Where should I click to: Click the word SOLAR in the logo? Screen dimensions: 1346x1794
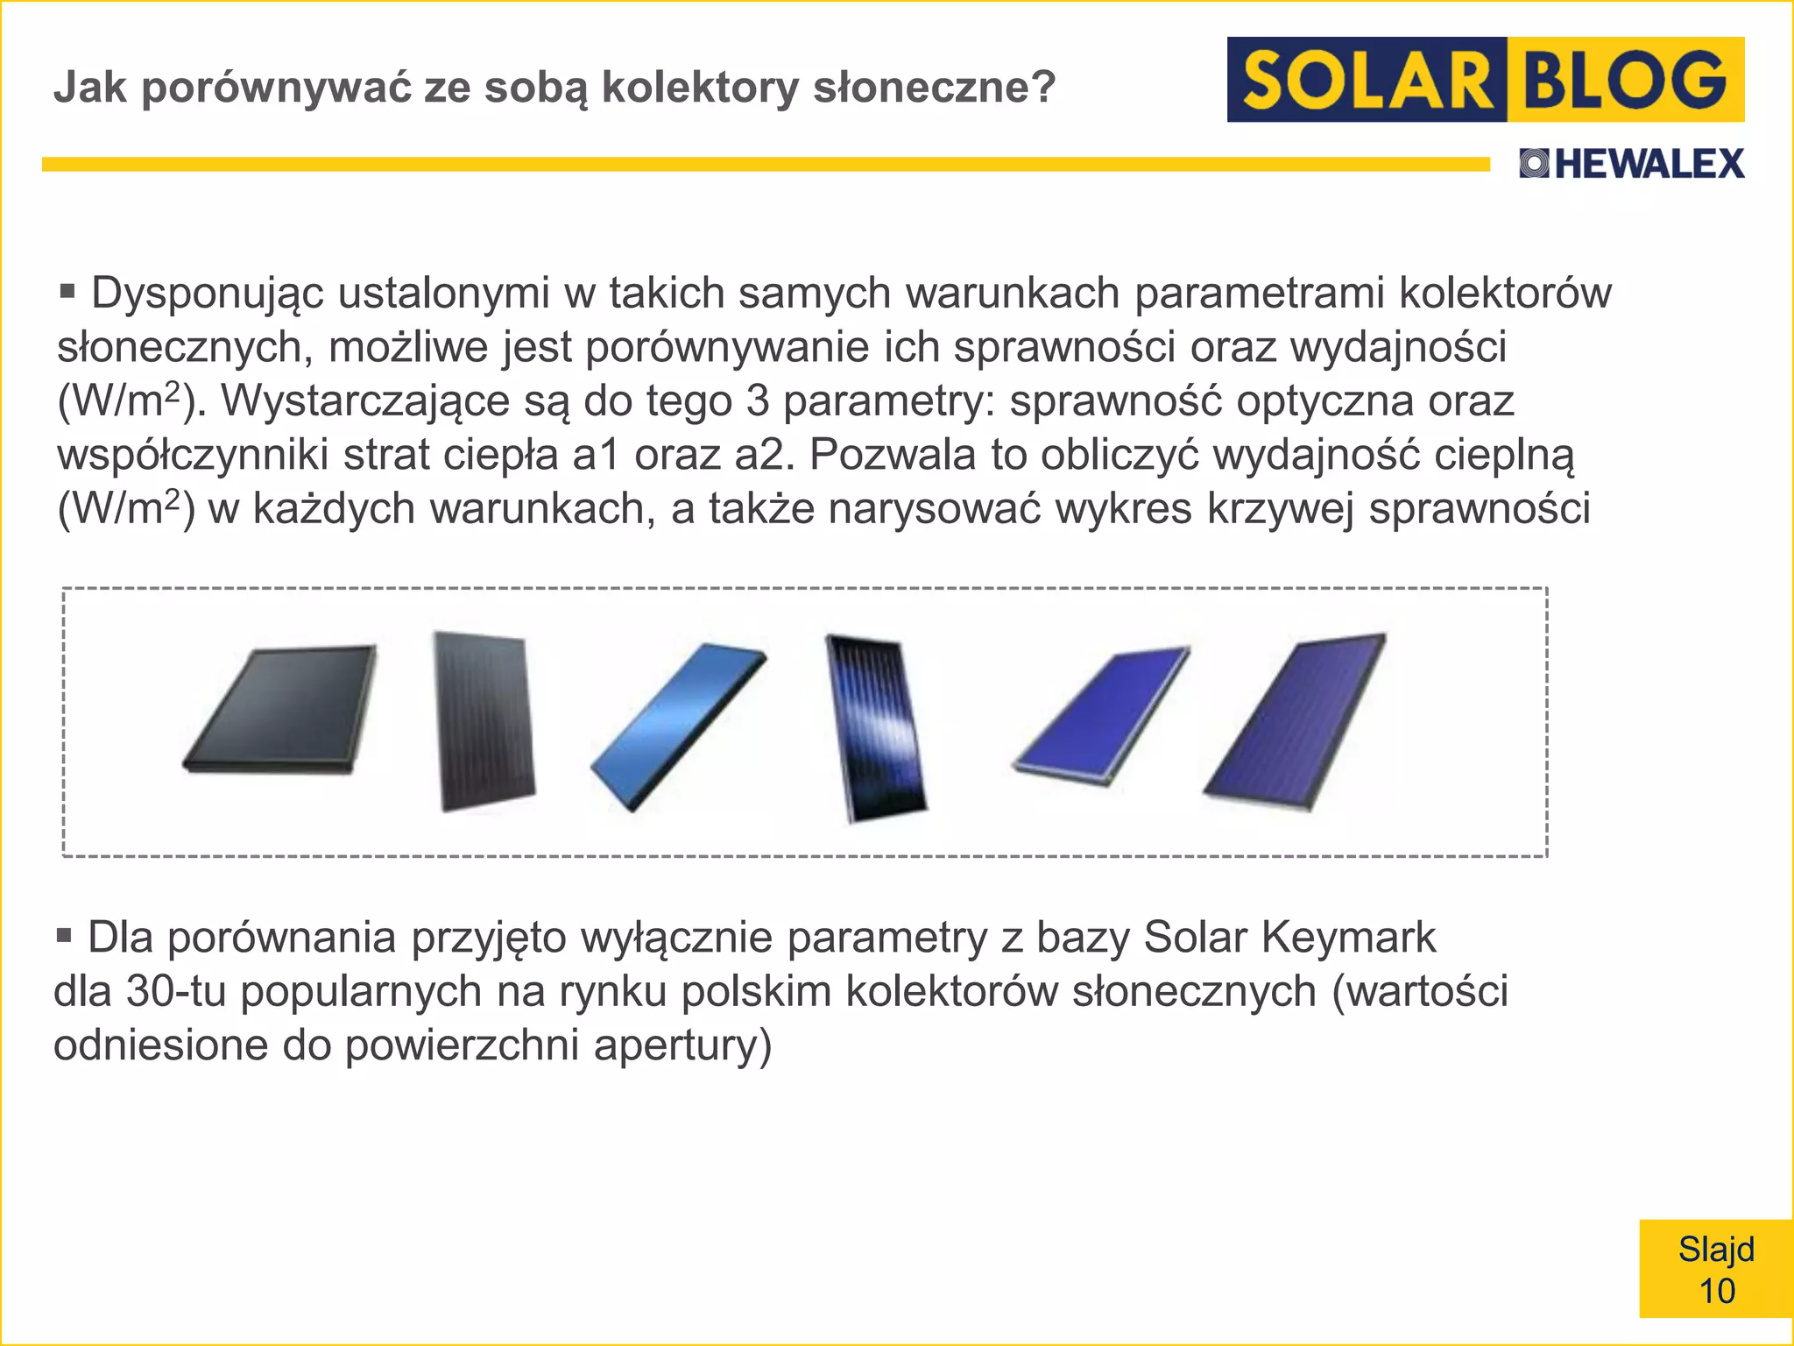[x=1367, y=80]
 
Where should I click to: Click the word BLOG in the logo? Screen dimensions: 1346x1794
[x=1625, y=80]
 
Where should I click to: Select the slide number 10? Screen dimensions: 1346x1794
[x=1717, y=1292]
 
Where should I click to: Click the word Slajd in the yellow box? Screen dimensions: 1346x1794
[x=1716, y=1249]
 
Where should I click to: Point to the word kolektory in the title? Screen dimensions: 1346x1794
[x=700, y=87]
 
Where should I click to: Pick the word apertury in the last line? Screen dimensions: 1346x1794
[x=682, y=1045]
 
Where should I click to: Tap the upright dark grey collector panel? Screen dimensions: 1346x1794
[x=484, y=720]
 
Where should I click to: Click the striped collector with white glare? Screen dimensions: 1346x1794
[x=876, y=726]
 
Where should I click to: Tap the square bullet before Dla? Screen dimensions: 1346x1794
[x=63, y=935]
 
